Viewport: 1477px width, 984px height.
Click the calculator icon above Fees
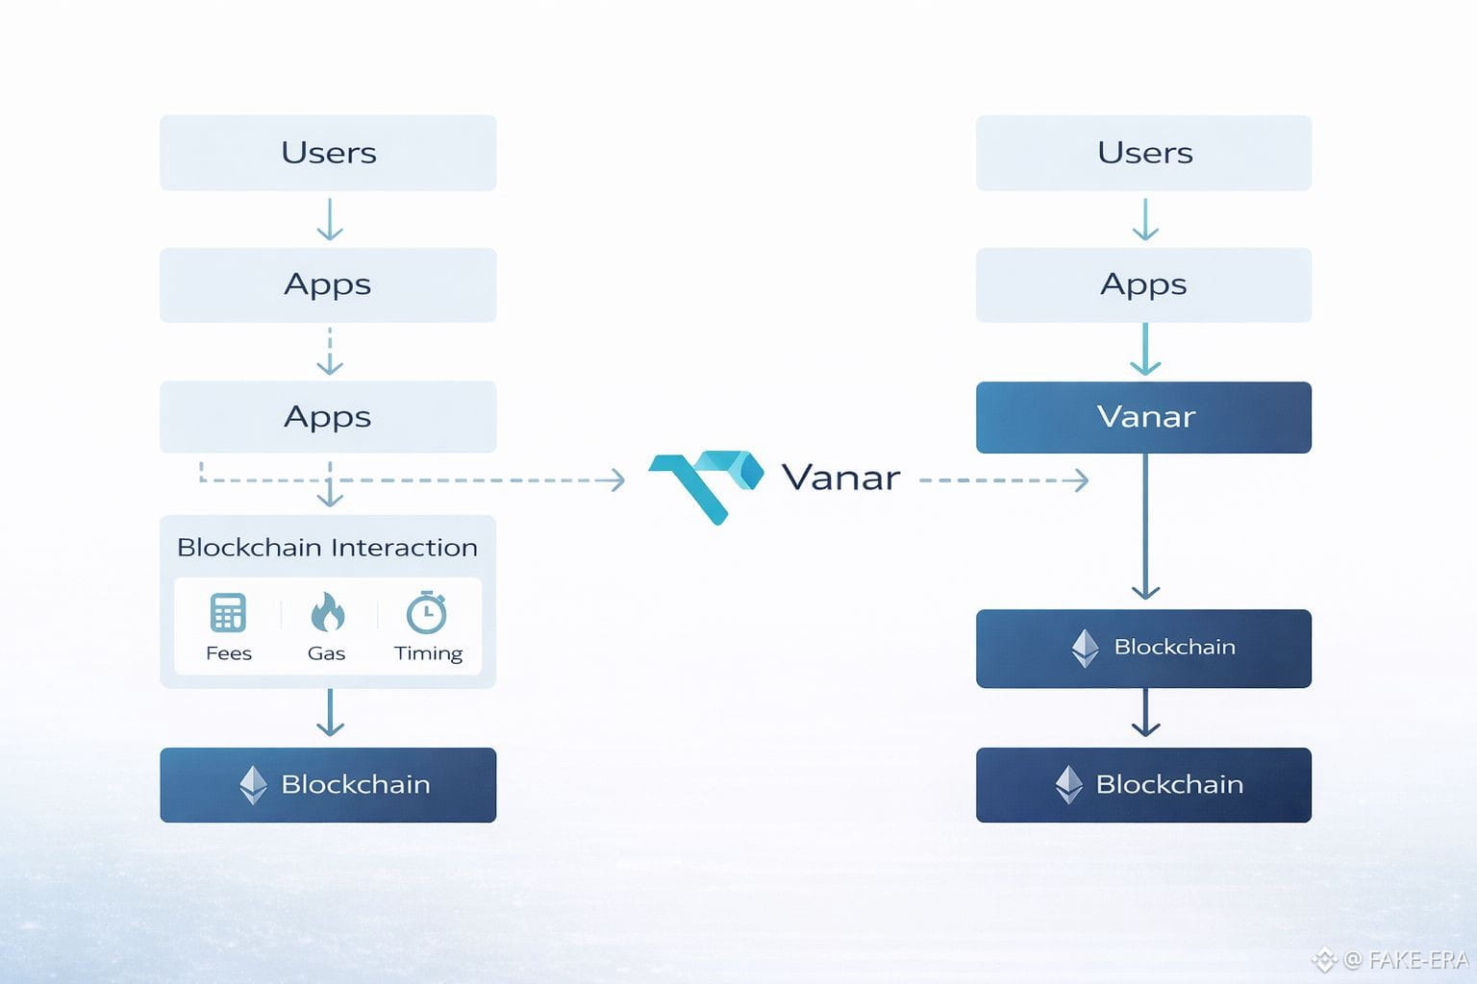coord(228,612)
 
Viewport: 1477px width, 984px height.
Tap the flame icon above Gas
coord(327,611)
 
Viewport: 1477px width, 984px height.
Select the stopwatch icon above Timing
coord(427,612)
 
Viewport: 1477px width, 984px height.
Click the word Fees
coord(229,653)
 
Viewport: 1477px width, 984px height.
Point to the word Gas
coord(326,653)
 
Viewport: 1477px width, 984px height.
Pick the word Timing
coord(429,653)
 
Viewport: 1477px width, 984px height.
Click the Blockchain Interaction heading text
coord(327,548)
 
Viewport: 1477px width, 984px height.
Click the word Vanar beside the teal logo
coord(840,478)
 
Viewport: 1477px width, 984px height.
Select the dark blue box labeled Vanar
coord(1143,417)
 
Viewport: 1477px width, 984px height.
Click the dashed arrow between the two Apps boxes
coord(330,352)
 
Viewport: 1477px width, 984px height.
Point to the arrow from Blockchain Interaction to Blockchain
coord(330,712)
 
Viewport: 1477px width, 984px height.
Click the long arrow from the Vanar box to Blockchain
coord(1145,527)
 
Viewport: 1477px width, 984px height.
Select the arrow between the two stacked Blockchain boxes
coord(1145,712)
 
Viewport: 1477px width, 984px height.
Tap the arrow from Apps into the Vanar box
coord(1145,350)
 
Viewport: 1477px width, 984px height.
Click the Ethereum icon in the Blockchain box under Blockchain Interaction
coord(253,785)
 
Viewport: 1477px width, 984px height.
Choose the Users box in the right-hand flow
coord(1143,153)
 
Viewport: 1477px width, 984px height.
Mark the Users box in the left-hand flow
coord(328,153)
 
